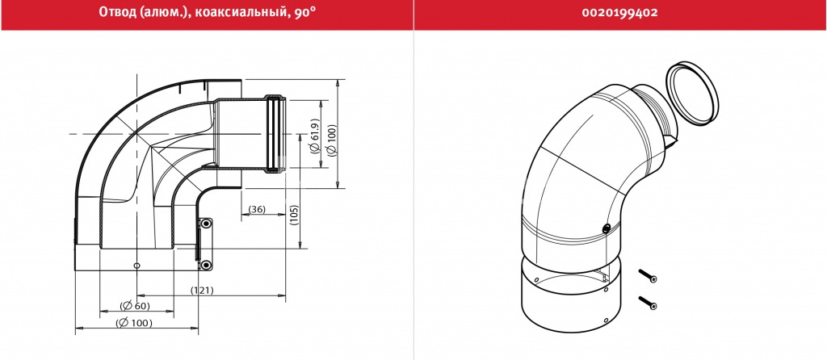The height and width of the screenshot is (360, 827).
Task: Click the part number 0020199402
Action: (x=619, y=13)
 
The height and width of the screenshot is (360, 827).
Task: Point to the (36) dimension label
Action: (x=257, y=209)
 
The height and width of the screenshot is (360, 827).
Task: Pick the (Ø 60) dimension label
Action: (x=135, y=306)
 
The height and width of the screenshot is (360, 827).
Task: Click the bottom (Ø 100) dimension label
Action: (x=136, y=323)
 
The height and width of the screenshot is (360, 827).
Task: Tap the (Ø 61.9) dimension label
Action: (x=316, y=136)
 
